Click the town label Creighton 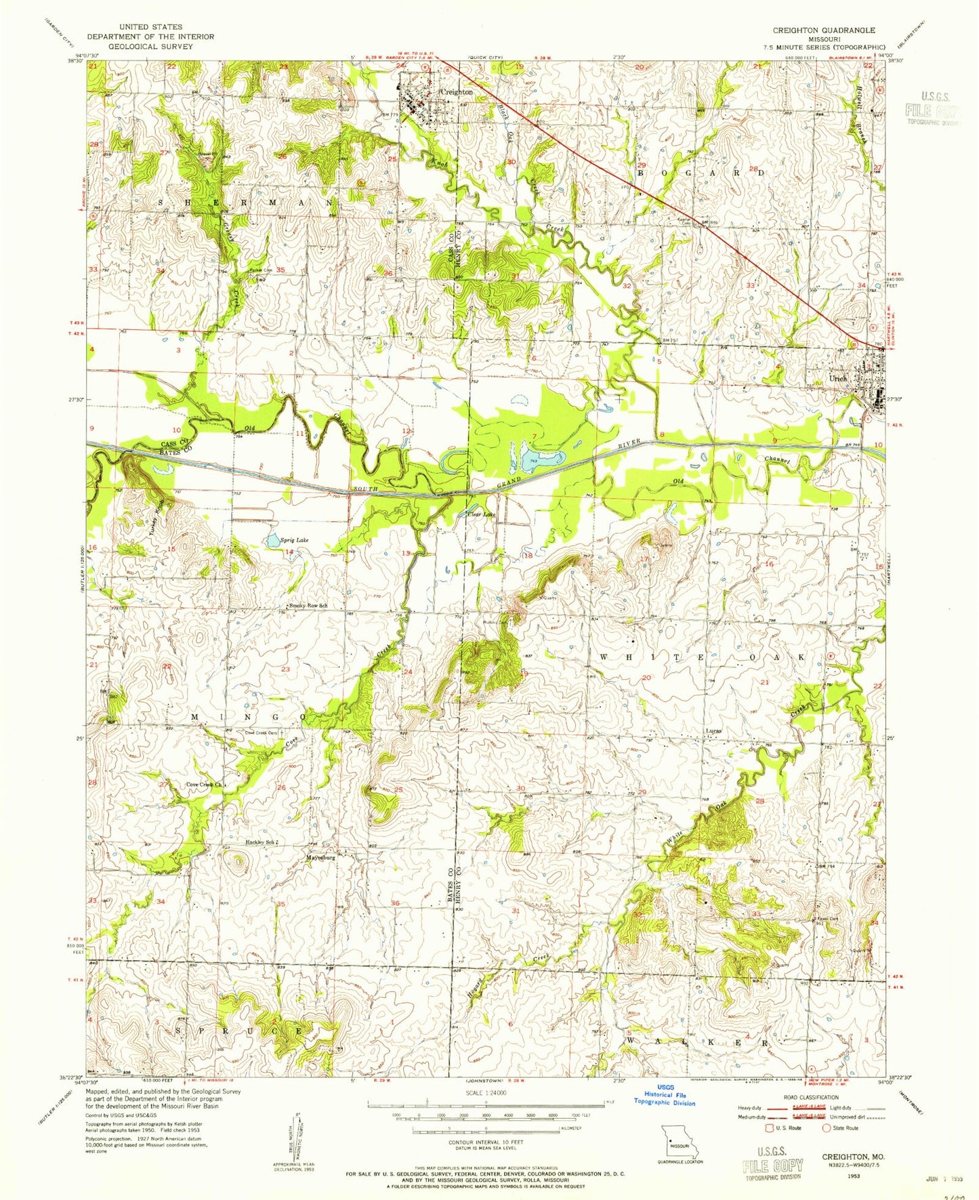tap(456, 91)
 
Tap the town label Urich tap(838, 379)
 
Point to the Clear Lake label tap(482, 514)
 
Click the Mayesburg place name tap(321, 856)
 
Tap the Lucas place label tap(712, 731)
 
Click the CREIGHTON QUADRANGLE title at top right tap(824, 30)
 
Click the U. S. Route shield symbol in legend tap(768, 1128)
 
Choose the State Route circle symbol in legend tap(826, 1128)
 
